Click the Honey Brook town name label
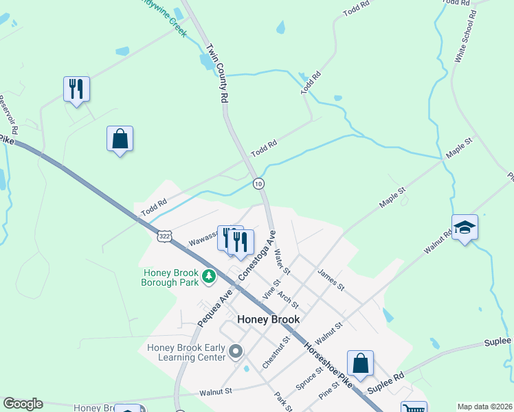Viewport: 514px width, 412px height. coord(268,320)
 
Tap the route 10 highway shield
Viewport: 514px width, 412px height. coord(258,183)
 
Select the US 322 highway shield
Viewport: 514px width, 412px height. coord(164,236)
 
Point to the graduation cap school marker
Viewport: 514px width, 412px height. coord(465,227)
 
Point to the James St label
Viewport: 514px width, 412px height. coord(330,279)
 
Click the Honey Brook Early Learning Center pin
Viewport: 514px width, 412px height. coord(236,352)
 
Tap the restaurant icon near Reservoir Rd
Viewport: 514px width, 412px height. coord(76,89)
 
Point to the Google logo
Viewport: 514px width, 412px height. coord(23,404)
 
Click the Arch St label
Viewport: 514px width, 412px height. coord(288,299)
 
